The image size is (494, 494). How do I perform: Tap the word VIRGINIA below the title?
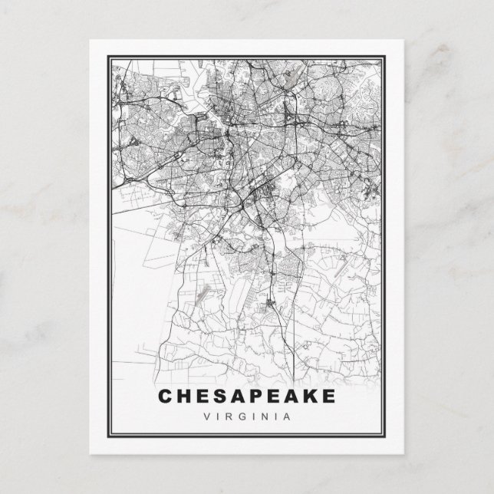(246, 417)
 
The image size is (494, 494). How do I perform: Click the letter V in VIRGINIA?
(207, 417)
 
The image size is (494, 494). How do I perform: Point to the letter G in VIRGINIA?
(241, 417)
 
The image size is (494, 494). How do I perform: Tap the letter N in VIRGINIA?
(265, 417)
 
